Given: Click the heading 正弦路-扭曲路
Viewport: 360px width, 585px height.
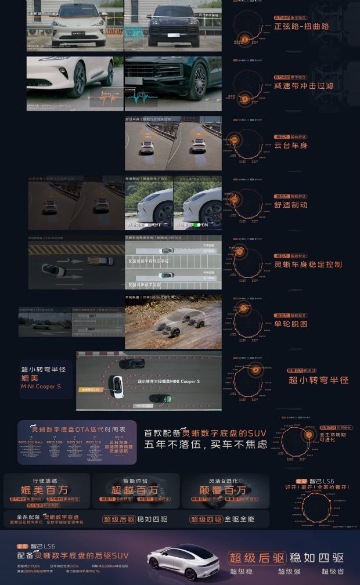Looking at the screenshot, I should (301, 27).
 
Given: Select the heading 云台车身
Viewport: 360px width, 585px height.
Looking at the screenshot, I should (290, 145).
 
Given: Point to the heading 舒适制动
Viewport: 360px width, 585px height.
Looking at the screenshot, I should (290, 204).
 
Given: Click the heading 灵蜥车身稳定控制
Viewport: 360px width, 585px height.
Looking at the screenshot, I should (308, 265).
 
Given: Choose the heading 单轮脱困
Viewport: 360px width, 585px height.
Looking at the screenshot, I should (290, 324).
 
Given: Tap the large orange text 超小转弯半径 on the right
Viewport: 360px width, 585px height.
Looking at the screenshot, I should (318, 380).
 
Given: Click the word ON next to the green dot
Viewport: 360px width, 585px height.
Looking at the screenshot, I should (204, 225).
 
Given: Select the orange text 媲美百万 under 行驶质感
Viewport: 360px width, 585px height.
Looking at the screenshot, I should (47, 490).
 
